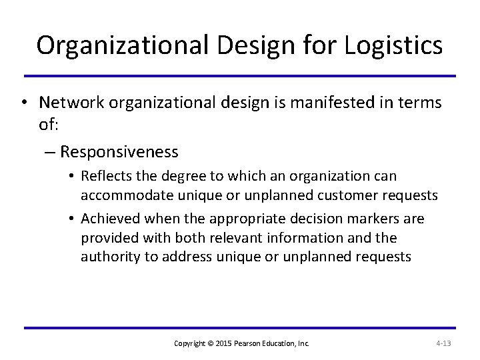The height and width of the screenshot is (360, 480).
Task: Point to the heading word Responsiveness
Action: click(119, 152)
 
